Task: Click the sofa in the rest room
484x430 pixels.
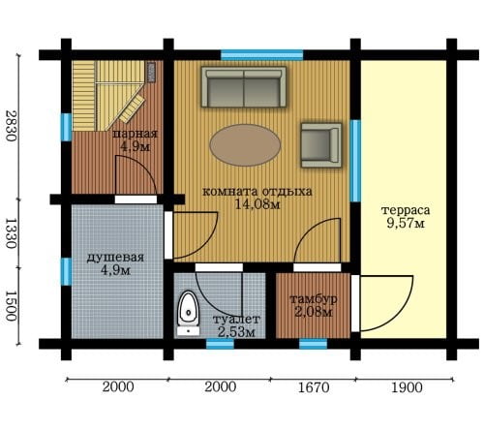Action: (244, 87)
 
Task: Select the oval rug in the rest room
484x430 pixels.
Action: (245, 145)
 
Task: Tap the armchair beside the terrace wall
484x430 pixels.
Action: (321, 145)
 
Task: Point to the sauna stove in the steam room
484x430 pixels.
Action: (151, 73)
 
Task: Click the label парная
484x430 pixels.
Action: (135, 134)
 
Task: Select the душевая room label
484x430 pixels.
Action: (115, 258)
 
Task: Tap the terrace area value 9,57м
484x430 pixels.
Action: (406, 223)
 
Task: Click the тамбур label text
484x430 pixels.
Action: (314, 299)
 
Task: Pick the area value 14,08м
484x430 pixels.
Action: (257, 204)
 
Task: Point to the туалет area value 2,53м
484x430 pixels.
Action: (236, 332)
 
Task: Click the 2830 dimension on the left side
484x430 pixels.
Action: (11, 126)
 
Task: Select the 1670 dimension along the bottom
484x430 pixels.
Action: (314, 387)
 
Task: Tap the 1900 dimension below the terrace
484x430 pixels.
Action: (407, 387)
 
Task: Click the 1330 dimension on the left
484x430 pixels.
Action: (11, 233)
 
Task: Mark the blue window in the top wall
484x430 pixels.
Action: (262, 55)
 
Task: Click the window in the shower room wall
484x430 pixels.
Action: (66, 272)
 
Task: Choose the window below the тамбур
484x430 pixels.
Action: (313, 344)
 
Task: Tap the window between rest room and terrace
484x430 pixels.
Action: (355, 161)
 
